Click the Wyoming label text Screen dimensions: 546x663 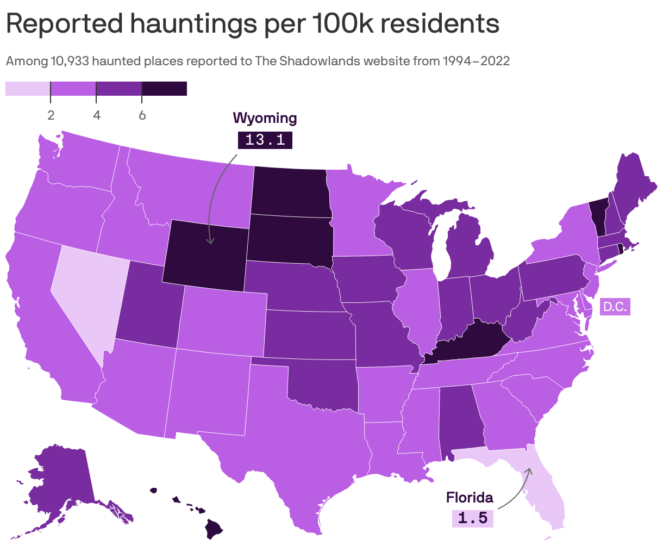point(265,118)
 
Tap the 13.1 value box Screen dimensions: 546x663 point(265,140)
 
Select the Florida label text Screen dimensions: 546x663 point(470,497)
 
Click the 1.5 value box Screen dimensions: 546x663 point(472,518)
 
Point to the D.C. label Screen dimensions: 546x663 point(615,307)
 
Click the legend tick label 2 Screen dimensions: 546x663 point(51,115)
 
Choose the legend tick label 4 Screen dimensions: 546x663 point(96,115)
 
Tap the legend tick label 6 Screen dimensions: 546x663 point(142,115)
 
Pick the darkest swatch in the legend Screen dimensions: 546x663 point(164,89)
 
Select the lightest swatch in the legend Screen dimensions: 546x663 point(28,89)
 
